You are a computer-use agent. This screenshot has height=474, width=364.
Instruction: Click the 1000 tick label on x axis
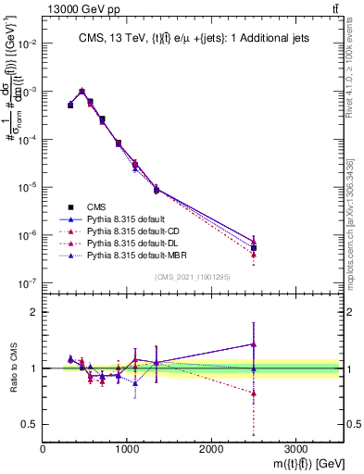pos(127,448)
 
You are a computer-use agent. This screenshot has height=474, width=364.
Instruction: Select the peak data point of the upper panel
pos(82,92)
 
